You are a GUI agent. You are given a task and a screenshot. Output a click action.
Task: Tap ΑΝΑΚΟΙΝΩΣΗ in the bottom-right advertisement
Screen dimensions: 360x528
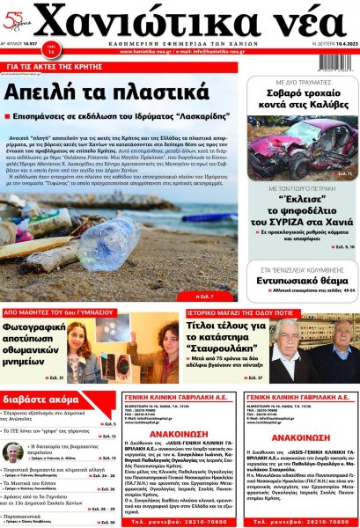[x=301, y=437]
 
